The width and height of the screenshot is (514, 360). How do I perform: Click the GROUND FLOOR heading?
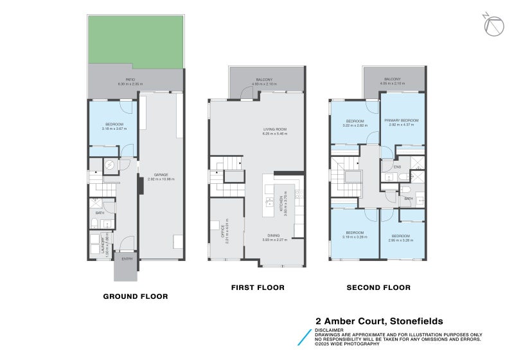(x=136, y=296)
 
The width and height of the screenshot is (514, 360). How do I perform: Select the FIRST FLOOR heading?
(x=258, y=287)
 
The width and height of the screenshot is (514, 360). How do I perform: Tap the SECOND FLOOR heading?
(x=378, y=287)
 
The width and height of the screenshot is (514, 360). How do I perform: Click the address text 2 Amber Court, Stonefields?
(x=378, y=321)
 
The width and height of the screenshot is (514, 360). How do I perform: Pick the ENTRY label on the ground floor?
(x=127, y=258)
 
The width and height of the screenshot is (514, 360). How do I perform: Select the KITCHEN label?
(x=281, y=205)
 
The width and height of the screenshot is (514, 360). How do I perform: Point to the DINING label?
(x=274, y=235)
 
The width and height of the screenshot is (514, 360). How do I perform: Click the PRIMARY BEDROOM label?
(x=402, y=120)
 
